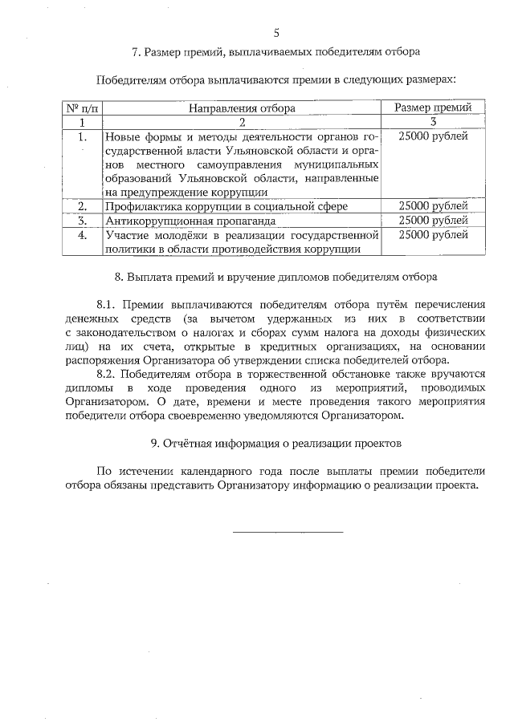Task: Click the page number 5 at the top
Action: click(276, 33)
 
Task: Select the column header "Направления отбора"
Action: click(242, 107)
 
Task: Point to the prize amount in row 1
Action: click(433, 137)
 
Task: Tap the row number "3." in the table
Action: click(81, 220)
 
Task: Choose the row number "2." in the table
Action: click(81, 206)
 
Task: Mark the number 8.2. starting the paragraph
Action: click(107, 373)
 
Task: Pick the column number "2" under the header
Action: click(242, 122)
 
